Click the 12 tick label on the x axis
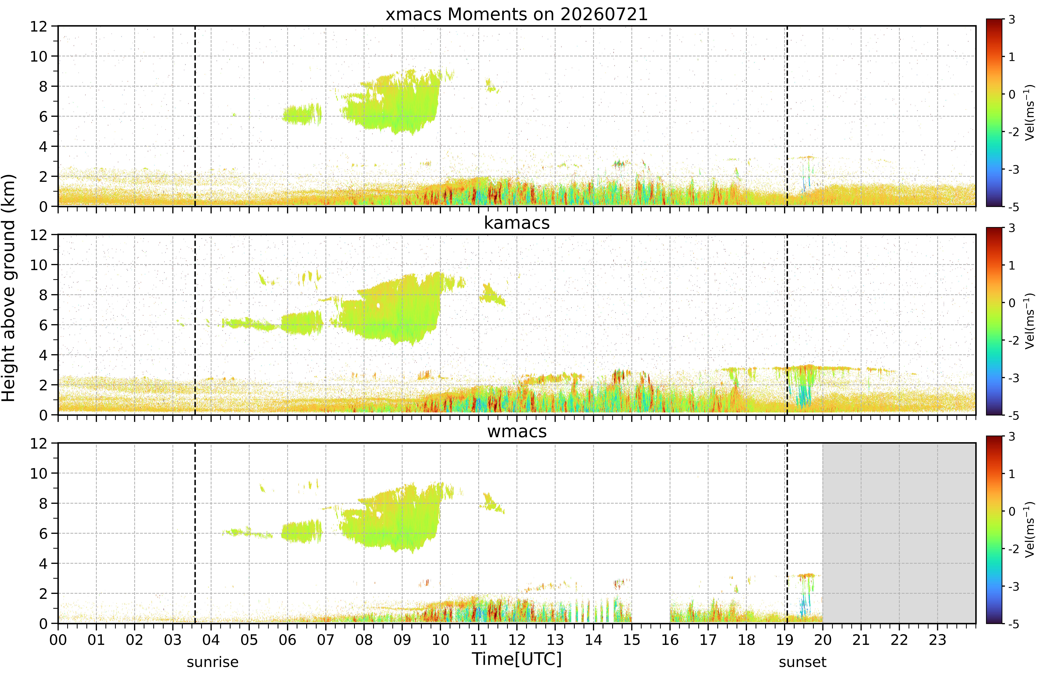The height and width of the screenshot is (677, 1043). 517,640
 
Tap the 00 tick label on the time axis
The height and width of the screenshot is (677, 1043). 58,640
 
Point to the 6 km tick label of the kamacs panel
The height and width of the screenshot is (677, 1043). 43,325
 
